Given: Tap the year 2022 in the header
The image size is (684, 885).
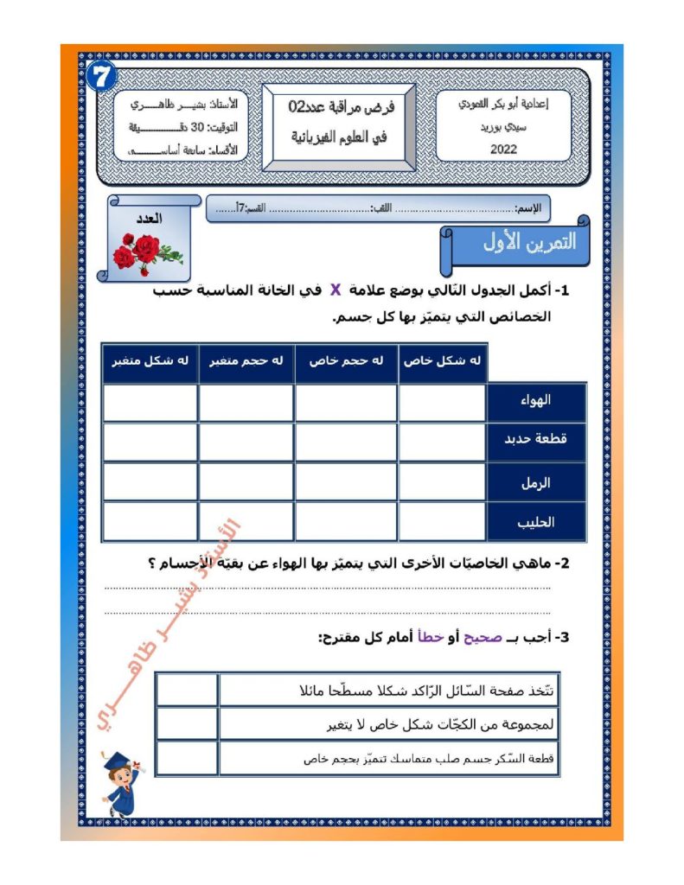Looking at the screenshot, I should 502,148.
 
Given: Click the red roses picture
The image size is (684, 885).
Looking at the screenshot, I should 146,251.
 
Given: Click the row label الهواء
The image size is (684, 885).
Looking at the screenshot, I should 537,402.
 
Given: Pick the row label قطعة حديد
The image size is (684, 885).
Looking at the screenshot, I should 537,440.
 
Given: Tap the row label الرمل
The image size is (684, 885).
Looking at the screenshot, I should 537,482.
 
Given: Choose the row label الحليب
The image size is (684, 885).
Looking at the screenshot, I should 537,521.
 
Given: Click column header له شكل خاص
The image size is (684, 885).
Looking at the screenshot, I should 443,361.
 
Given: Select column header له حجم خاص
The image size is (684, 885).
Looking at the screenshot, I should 347,361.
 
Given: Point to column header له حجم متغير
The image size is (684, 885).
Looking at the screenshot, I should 246,361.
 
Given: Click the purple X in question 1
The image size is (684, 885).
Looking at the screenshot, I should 335,291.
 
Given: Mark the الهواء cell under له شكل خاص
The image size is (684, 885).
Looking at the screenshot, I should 443,402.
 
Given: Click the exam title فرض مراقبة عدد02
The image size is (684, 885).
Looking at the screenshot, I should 341,107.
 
